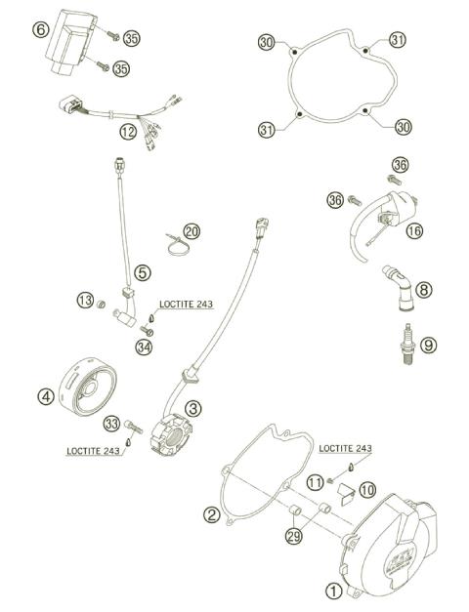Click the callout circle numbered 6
point(40,29)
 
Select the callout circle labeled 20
point(192,231)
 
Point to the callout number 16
point(414,230)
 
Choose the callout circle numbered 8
point(423,289)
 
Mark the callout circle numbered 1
point(334,590)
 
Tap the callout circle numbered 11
point(314,482)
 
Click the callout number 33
point(112,423)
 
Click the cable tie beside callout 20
point(174,240)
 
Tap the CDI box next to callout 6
point(70,41)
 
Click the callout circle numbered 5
point(143,273)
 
